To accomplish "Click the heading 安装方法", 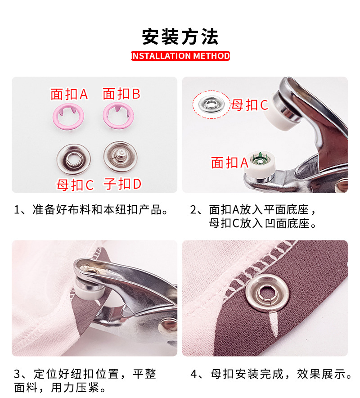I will point(180,36).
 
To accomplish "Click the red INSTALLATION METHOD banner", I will point(180,56).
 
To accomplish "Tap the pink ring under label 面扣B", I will point(117,115).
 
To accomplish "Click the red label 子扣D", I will point(122,184).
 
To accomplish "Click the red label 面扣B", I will point(121,94).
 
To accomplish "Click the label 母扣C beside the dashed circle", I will point(250,105).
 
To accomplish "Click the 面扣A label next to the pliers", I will point(229,163).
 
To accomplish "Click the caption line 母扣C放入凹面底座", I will point(263,223).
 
